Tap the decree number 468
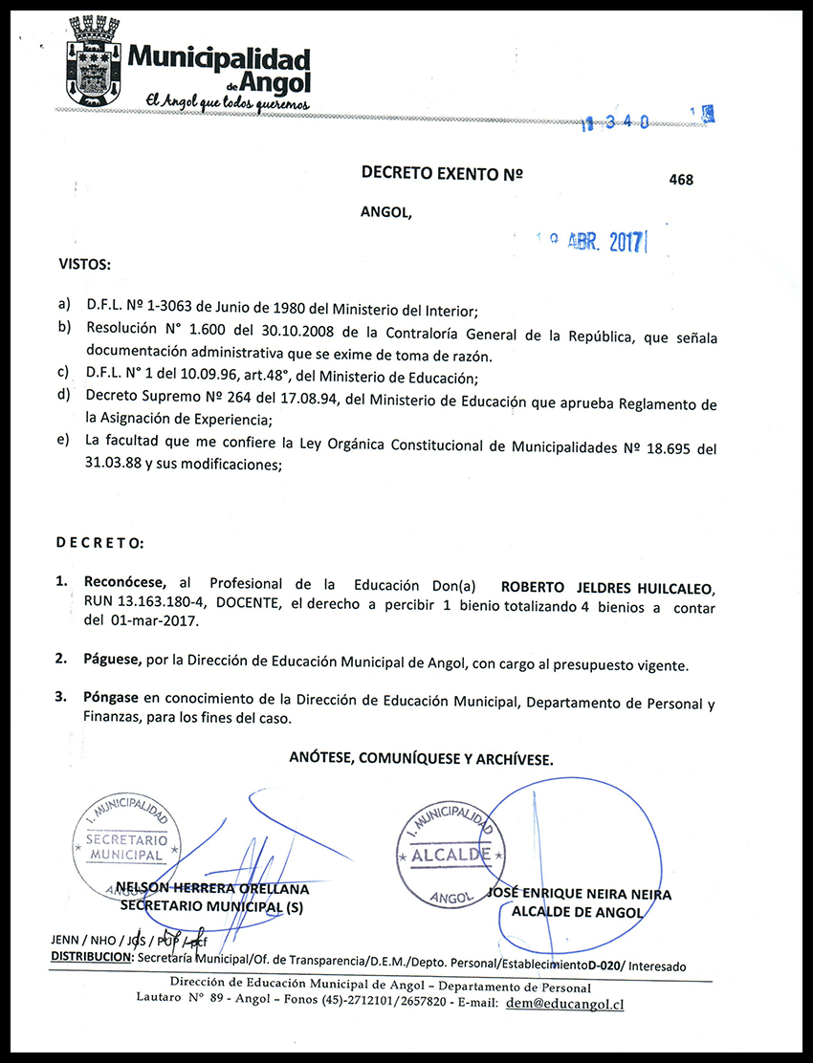(682, 180)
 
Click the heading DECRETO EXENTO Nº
(443, 173)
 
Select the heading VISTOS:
(84, 263)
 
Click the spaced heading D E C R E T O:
(99, 543)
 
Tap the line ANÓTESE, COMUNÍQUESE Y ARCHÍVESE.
(421, 758)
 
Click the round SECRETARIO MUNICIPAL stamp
(126, 837)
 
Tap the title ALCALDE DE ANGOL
(578, 912)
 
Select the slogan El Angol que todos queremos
(227, 100)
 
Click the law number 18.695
(663, 449)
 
